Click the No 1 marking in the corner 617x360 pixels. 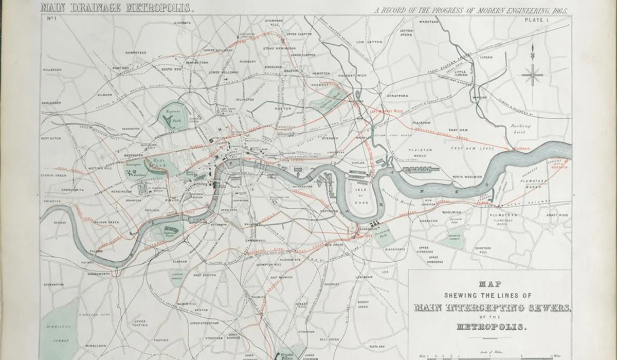click(51, 19)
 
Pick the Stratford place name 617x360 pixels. click(397, 96)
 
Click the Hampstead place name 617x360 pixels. click(136, 52)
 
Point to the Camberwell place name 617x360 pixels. click(257, 241)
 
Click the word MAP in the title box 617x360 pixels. click(489, 283)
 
